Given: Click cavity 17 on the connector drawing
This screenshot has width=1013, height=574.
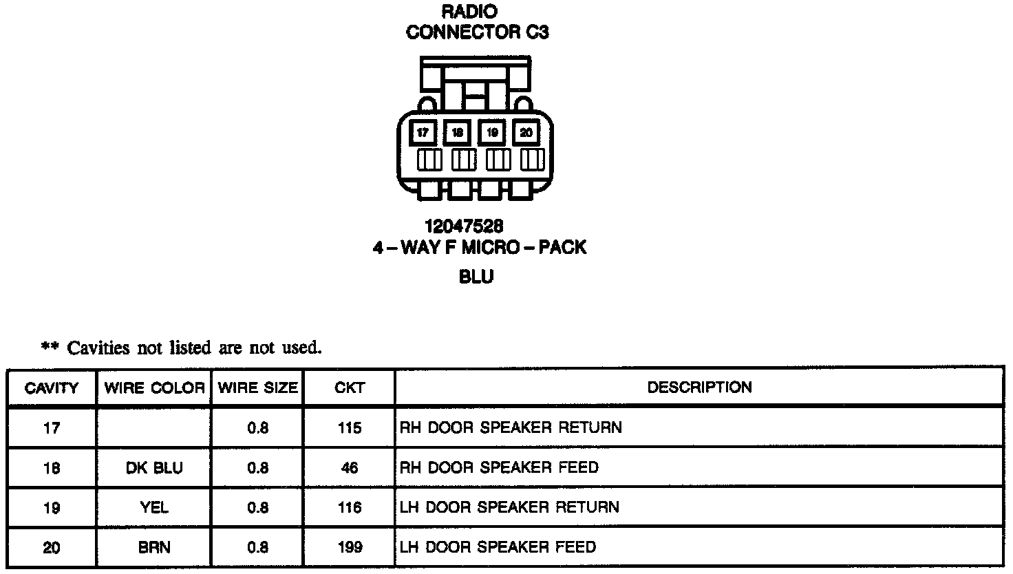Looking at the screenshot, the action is pyautogui.click(x=423, y=133).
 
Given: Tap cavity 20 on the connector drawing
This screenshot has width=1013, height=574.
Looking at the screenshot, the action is pyautogui.click(x=526, y=133).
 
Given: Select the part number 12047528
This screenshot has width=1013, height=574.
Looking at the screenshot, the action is pyautogui.click(x=463, y=226).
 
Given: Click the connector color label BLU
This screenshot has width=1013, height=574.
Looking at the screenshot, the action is pyautogui.click(x=476, y=277).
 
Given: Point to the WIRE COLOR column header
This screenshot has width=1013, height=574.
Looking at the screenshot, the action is pyautogui.click(x=154, y=388).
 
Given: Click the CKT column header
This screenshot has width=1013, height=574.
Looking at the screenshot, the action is pyautogui.click(x=350, y=388).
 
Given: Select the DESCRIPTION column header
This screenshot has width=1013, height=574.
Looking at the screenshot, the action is pyautogui.click(x=699, y=387).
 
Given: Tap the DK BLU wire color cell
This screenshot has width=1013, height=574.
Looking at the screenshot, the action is pyautogui.click(x=154, y=468).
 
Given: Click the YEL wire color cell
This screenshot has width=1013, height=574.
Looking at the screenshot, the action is pyautogui.click(x=154, y=508).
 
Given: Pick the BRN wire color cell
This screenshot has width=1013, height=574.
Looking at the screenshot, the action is pyautogui.click(x=154, y=548).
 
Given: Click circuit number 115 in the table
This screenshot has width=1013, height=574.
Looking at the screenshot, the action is pyautogui.click(x=350, y=428).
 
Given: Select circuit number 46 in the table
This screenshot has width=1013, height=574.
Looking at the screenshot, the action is pyautogui.click(x=350, y=468).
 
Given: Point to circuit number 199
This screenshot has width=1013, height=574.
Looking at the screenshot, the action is pyautogui.click(x=350, y=548).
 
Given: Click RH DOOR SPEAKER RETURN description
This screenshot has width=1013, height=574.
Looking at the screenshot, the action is pyautogui.click(x=511, y=428).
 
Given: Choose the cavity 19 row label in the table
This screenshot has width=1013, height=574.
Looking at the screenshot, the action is pyautogui.click(x=52, y=508).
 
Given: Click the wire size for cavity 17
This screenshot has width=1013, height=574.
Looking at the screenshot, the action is pyautogui.click(x=257, y=428).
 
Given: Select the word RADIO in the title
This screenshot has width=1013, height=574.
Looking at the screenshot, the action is pyautogui.click(x=469, y=12).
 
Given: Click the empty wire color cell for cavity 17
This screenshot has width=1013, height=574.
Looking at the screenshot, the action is pyautogui.click(x=154, y=428).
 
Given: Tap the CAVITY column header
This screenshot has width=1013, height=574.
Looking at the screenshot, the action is pyautogui.click(x=52, y=388).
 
